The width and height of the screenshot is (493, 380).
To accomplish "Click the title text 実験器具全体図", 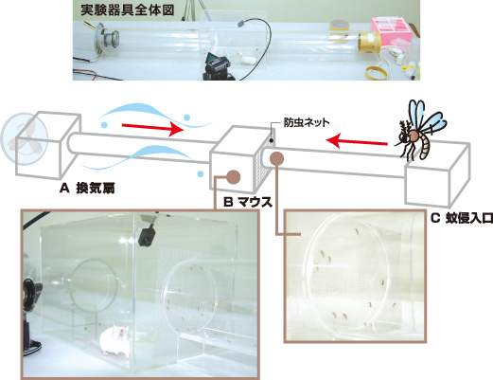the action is [128, 10].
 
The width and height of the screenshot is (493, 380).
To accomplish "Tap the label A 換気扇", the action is [87, 189].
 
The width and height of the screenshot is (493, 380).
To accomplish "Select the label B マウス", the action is [248, 202].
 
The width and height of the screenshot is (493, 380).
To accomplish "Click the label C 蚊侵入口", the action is [462, 219].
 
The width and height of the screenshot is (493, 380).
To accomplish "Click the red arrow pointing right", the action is [153, 128].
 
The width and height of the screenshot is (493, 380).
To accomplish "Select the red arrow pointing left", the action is [357, 141].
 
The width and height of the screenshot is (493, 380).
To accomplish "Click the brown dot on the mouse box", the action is [234, 177].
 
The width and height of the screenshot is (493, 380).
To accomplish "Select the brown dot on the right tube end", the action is [277, 158].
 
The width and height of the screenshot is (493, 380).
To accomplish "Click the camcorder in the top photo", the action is [217, 64].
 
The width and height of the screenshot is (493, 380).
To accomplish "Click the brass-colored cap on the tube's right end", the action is [369, 44].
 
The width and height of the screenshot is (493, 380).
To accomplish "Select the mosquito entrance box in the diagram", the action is [436, 174].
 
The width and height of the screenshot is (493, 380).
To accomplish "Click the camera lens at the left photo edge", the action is [31, 294].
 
